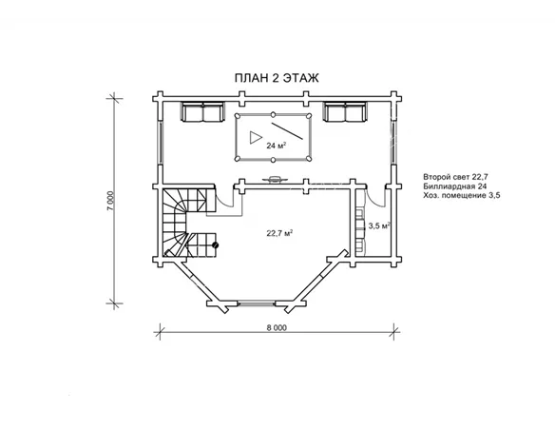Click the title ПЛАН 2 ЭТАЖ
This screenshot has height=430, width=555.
click(277, 78)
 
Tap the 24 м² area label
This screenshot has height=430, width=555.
click(277, 146)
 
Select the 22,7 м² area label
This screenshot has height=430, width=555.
click(279, 233)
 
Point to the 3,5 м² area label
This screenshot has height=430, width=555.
click(379, 225)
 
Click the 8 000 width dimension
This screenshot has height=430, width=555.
click(277, 327)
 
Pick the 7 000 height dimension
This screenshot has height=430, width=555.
click(111, 201)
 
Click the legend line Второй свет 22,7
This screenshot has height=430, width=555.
click(455, 177)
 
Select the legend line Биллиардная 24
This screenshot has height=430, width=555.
click(455, 186)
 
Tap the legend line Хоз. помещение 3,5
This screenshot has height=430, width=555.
click(462, 195)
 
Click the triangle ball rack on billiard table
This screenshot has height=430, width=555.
click(255, 137)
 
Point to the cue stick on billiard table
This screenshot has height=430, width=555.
click(287, 131)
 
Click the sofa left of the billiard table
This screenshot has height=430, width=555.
click(202, 111)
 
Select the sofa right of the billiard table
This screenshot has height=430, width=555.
click(345, 111)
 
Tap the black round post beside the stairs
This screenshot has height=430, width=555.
click(215, 244)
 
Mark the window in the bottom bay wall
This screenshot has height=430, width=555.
click(256, 303)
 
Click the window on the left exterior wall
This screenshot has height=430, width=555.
click(161, 143)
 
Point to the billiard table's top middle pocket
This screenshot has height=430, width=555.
click(274, 114)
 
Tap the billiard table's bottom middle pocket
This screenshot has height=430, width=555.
click(274, 160)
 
